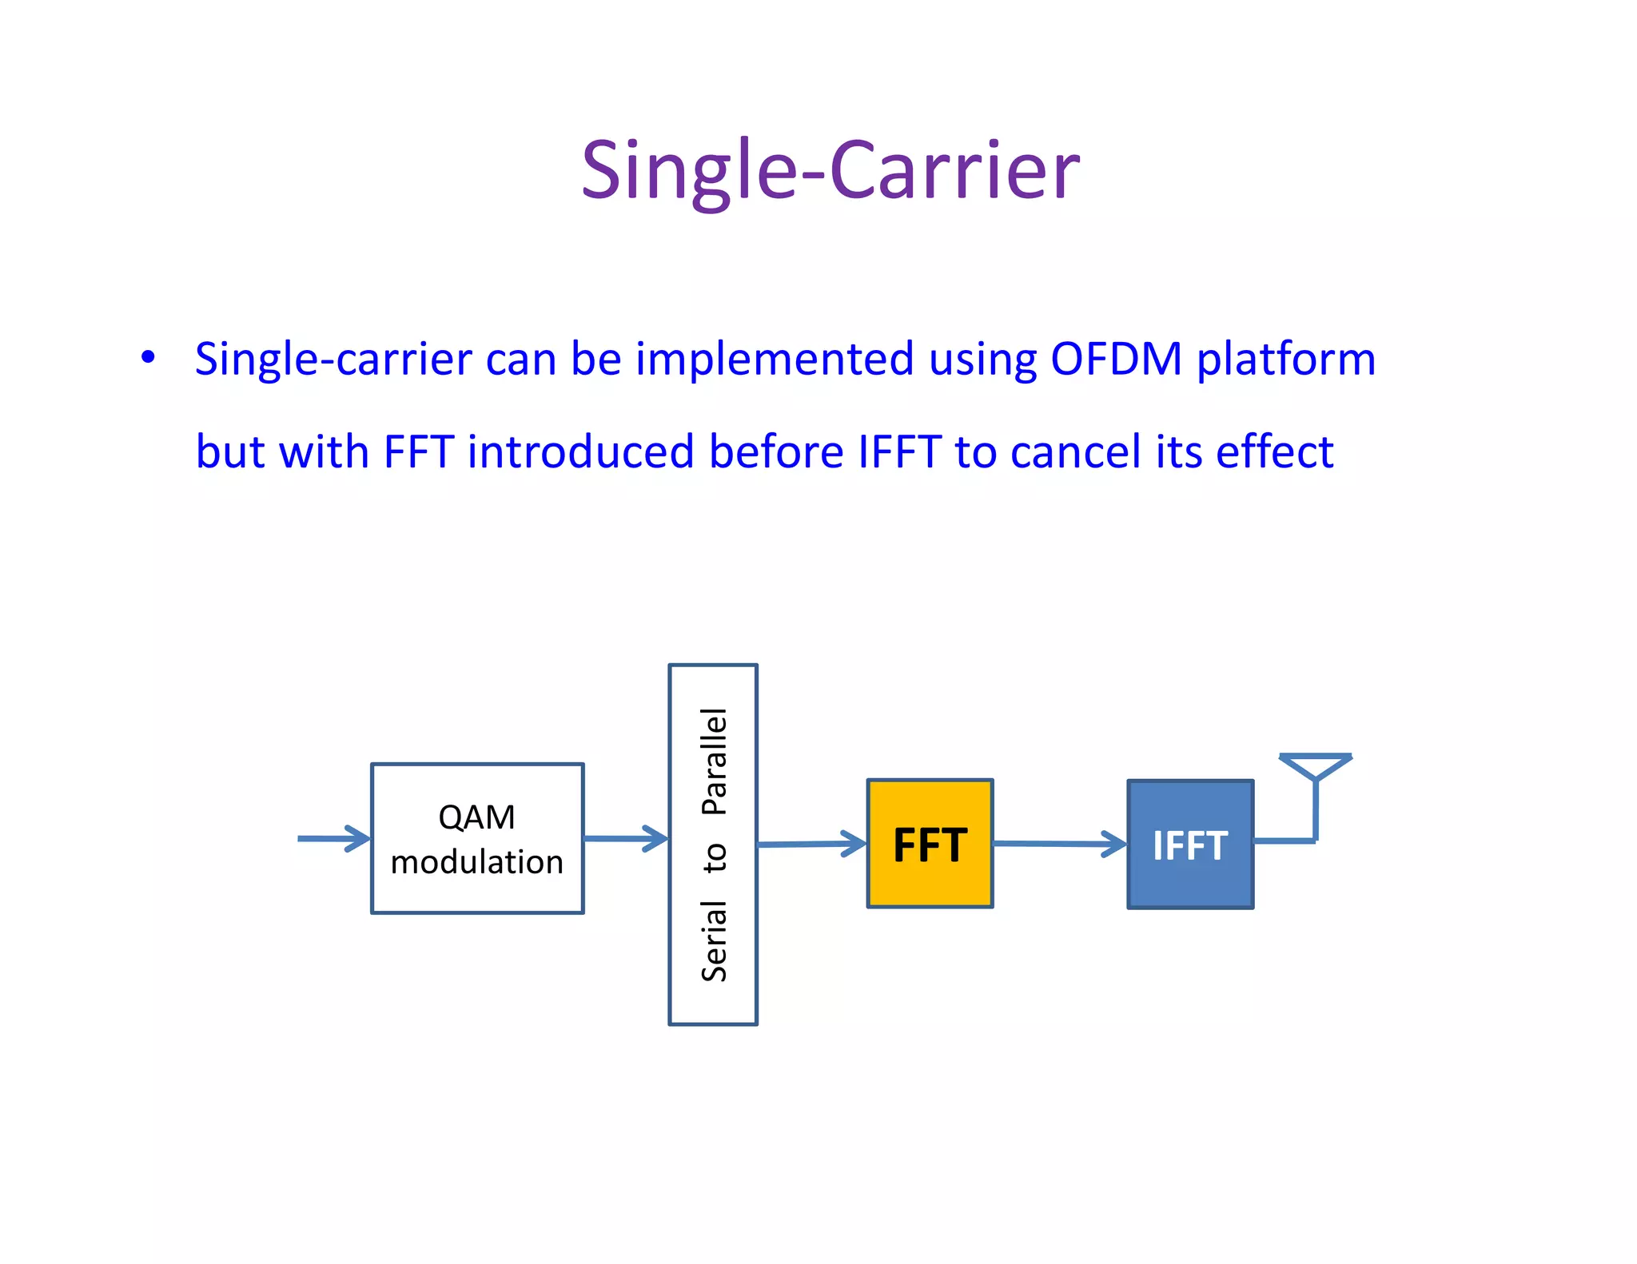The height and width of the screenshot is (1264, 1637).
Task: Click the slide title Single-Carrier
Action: [830, 170]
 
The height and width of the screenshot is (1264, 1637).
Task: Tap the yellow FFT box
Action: [930, 844]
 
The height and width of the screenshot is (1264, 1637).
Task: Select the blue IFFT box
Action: [1190, 845]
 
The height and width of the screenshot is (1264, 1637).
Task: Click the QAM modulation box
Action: [477, 838]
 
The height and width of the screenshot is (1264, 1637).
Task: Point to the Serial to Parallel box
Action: [713, 845]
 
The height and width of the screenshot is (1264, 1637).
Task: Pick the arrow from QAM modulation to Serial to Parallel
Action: [626, 838]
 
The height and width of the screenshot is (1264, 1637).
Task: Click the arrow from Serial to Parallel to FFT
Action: [811, 844]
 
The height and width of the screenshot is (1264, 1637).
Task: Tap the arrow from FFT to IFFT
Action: [1060, 844]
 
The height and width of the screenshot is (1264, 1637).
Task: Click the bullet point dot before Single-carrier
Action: [148, 357]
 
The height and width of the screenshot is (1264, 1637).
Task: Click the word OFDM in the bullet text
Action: [1116, 359]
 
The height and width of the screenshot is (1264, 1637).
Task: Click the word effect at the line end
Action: [1274, 452]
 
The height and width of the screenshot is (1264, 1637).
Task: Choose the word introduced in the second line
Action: [581, 452]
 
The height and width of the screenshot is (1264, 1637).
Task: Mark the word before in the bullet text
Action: [777, 452]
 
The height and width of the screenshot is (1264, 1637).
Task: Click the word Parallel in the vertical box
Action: [714, 761]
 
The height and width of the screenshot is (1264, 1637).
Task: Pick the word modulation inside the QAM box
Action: [477, 862]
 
